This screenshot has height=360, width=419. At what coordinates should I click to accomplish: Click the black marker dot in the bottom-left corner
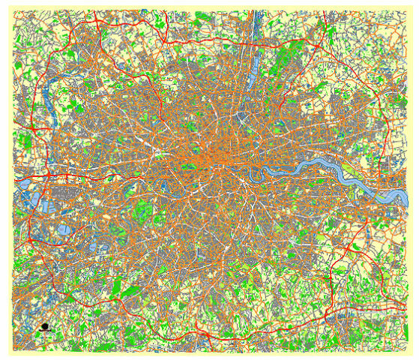coord(45,327)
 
